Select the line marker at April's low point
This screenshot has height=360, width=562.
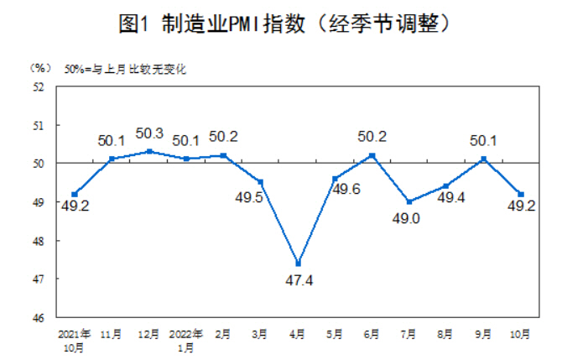click(x=298, y=263)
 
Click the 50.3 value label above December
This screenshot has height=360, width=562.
click(x=148, y=133)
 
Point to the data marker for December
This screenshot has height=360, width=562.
click(x=148, y=151)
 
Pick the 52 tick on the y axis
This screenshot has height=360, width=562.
click(x=39, y=86)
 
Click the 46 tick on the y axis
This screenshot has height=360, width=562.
click(x=39, y=318)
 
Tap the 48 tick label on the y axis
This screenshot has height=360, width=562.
click(x=39, y=241)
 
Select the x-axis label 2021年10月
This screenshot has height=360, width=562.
click(x=75, y=340)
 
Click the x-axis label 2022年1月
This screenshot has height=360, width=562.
click(x=185, y=340)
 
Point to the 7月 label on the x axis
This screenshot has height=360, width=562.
click(x=408, y=334)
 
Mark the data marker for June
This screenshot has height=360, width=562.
click(x=372, y=155)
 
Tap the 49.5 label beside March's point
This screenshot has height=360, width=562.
click(x=250, y=198)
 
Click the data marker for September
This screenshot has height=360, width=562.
click(x=483, y=159)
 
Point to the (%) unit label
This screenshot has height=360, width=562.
click(x=39, y=67)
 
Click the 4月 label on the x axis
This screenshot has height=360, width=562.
click(x=298, y=334)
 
